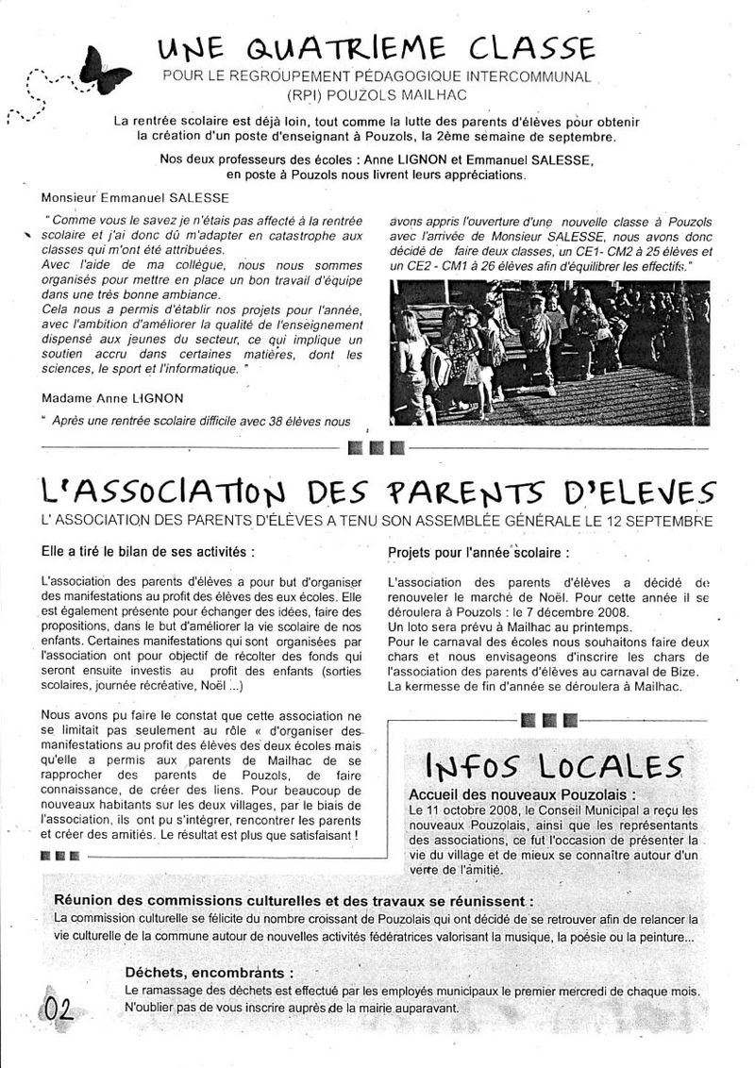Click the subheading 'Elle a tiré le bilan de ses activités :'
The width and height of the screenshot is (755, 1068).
point(148,550)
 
